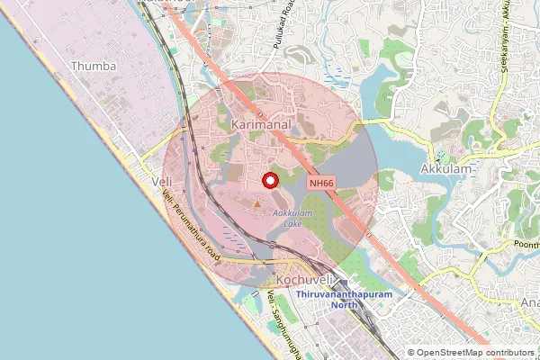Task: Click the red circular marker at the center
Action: (x=269, y=180)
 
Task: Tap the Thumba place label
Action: (x=94, y=66)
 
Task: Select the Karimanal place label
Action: (x=260, y=124)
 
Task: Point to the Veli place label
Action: (x=162, y=182)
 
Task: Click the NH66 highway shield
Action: (x=323, y=182)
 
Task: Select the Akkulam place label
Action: (x=447, y=169)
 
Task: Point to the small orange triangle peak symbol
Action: (x=256, y=205)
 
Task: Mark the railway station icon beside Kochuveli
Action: (x=343, y=283)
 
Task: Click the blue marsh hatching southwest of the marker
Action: (x=232, y=236)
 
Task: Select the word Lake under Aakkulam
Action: (x=292, y=222)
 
